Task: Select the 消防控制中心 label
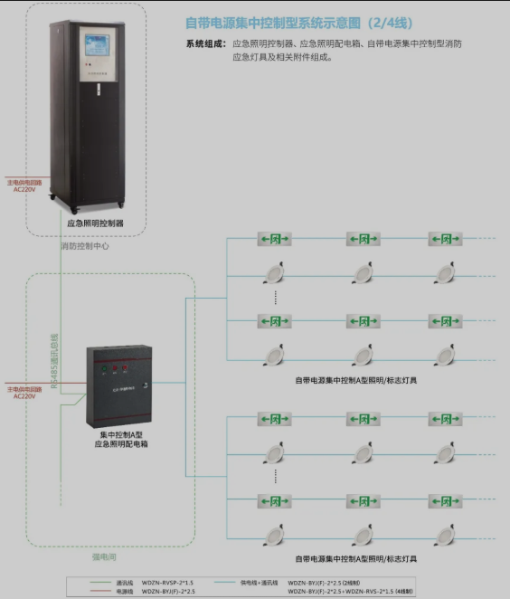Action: click(x=85, y=245)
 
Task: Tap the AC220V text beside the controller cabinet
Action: click(x=24, y=189)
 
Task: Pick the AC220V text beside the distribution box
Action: click(x=24, y=396)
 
